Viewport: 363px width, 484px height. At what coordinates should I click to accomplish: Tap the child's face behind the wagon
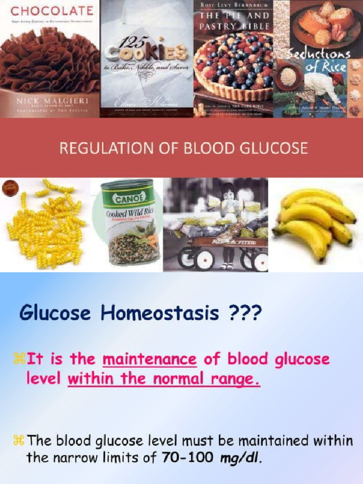228,194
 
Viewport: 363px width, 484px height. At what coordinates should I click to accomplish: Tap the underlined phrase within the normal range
164,379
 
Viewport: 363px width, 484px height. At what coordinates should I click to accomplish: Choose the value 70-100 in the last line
192,458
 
